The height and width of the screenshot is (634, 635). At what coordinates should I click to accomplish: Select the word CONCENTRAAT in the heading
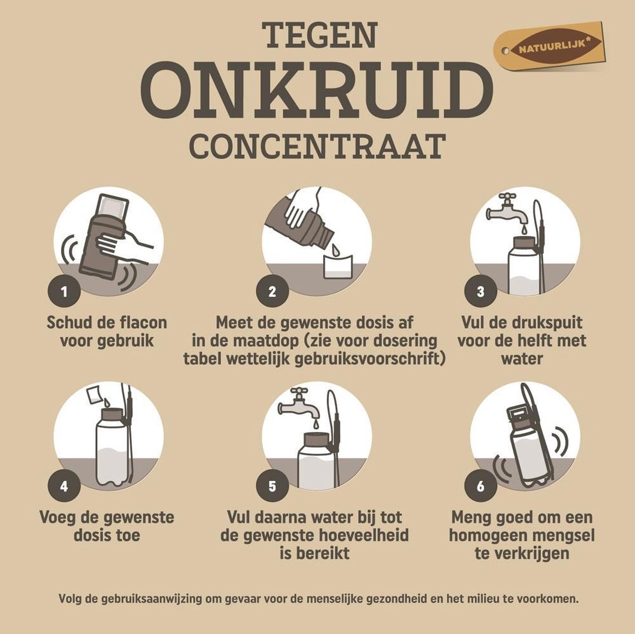pyautogui.click(x=317, y=146)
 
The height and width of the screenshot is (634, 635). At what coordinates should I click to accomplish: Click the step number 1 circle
pyautogui.click(x=64, y=291)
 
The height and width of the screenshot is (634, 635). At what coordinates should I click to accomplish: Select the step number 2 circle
pyautogui.click(x=272, y=291)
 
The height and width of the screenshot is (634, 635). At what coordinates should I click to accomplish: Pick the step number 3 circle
pyautogui.click(x=480, y=291)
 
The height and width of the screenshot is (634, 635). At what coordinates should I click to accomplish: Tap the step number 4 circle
pyautogui.click(x=64, y=485)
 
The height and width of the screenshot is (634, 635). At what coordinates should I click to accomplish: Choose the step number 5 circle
pyautogui.click(x=272, y=485)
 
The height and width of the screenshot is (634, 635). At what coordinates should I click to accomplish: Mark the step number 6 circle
pyautogui.click(x=480, y=485)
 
